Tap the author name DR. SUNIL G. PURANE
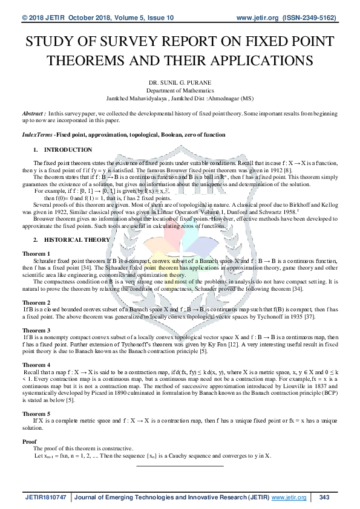point(180,80)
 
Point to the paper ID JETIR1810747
point(45,497)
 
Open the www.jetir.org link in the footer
point(289,497)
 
